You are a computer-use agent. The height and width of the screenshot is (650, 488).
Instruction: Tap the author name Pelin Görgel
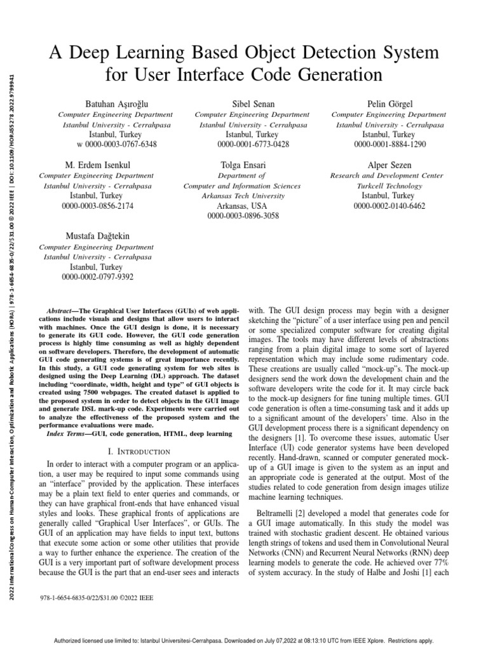click(390, 103)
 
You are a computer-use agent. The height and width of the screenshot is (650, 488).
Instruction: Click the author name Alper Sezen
click(390, 165)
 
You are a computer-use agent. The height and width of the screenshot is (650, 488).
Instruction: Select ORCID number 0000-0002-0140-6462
click(390, 206)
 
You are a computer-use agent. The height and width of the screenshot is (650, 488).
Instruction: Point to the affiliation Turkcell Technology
click(390, 186)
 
